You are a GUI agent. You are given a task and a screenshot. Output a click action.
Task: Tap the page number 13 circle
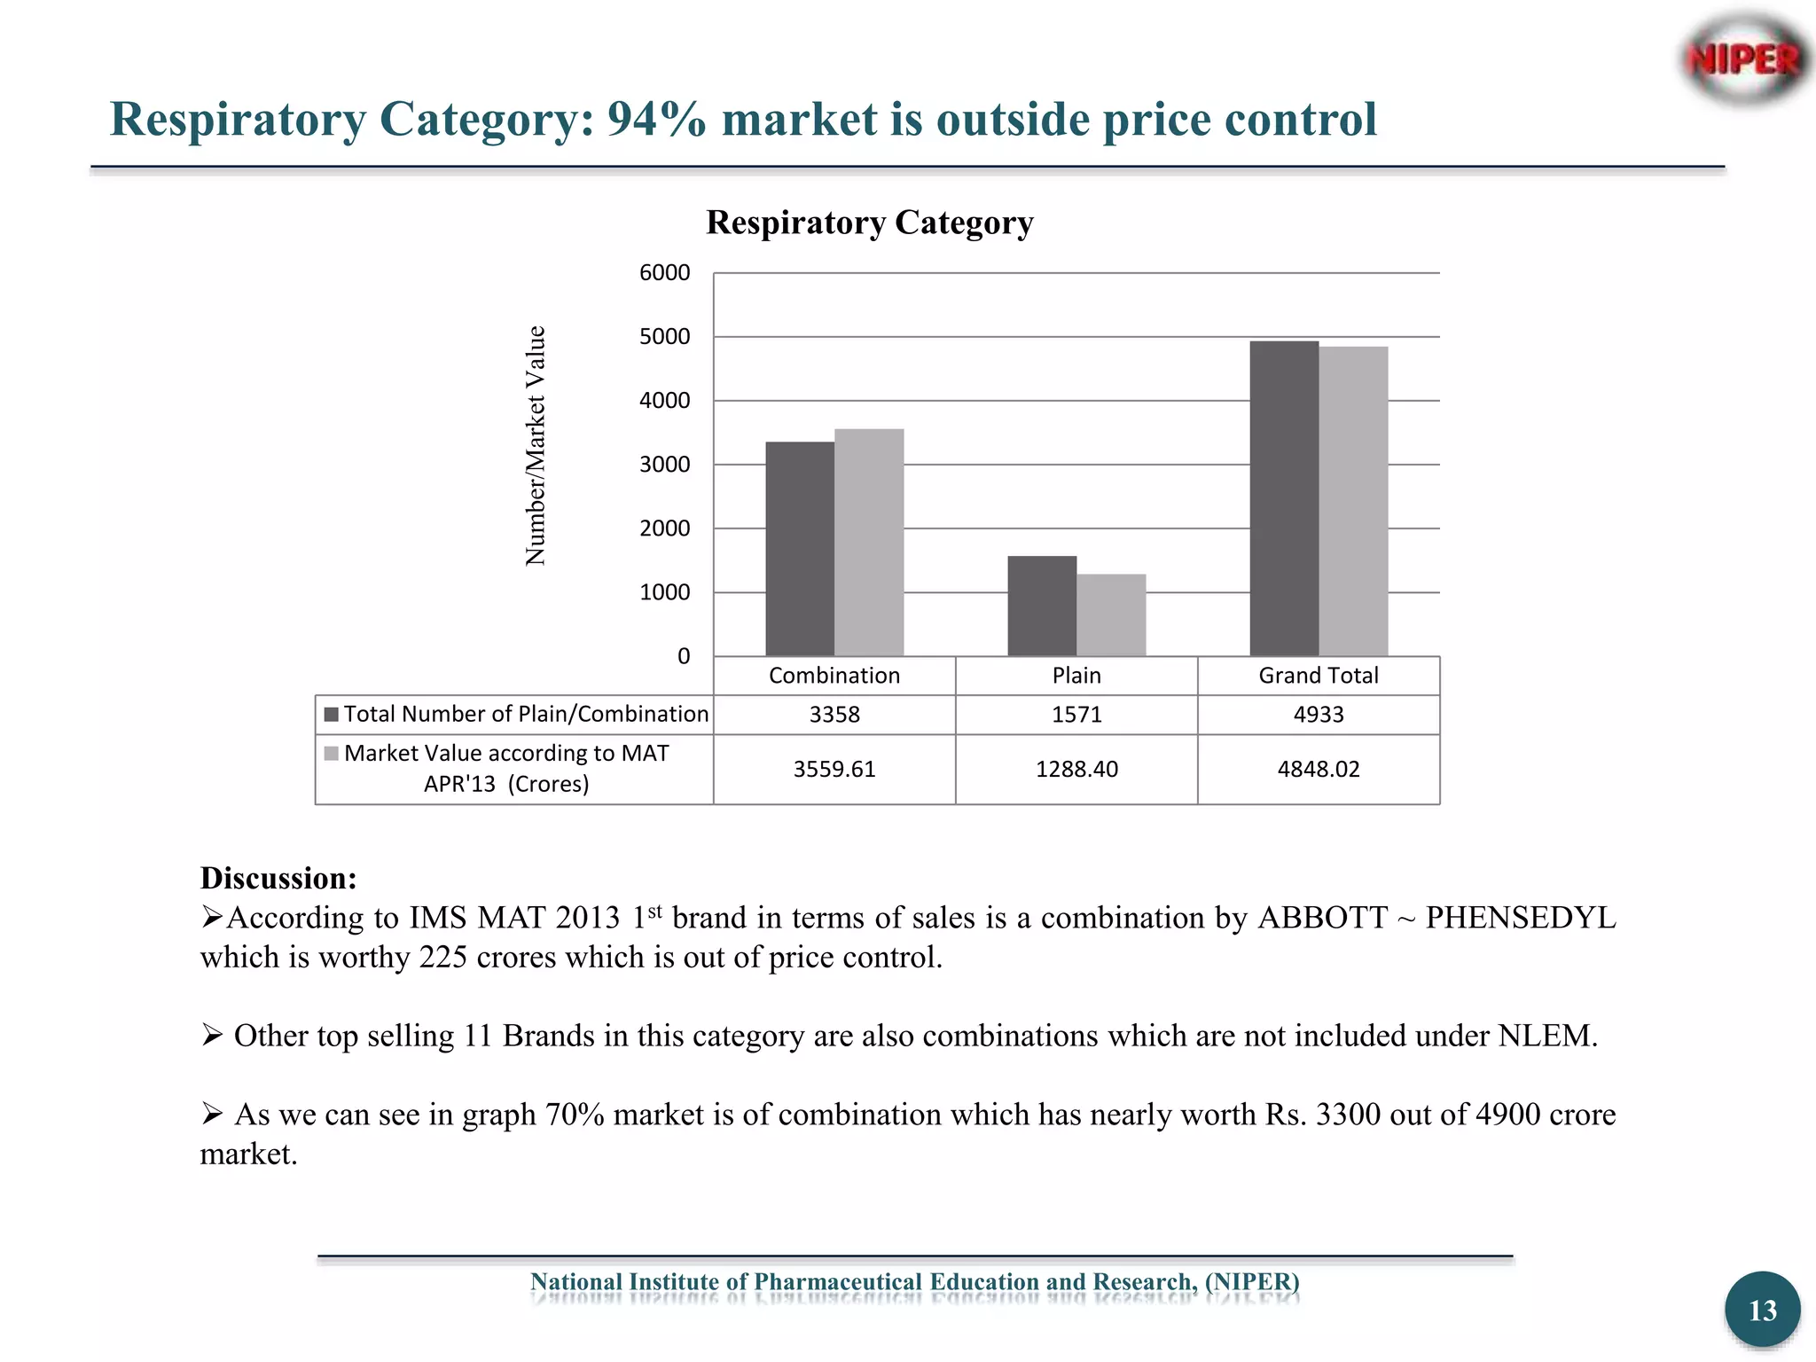click(1762, 1310)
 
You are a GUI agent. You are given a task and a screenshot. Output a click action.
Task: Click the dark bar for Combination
click(799, 549)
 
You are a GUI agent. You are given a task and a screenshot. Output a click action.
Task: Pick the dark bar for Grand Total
click(1283, 498)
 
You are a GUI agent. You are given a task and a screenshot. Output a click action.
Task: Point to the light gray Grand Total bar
click(1353, 501)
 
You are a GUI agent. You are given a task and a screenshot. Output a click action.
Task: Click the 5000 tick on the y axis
click(664, 337)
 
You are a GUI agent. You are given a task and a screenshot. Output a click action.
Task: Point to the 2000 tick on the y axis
click(664, 528)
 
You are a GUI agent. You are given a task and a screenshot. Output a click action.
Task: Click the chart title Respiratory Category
click(869, 223)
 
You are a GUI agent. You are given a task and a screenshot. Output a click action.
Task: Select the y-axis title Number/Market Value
click(536, 446)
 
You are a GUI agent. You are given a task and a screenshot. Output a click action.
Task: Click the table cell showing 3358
click(834, 715)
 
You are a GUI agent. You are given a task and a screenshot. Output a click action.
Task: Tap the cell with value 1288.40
click(1076, 769)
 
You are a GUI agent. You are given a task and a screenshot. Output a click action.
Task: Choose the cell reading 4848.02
click(1318, 769)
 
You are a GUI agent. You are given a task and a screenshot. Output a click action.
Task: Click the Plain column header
click(1076, 676)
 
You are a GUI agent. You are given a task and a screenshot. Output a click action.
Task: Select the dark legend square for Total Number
click(332, 715)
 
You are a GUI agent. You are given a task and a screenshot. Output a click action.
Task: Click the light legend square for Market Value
click(332, 754)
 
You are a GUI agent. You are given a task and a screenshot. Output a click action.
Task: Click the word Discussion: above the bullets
click(278, 878)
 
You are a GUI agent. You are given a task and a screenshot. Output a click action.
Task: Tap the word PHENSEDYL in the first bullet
click(1520, 918)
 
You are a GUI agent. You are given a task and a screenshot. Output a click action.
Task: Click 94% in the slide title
click(656, 120)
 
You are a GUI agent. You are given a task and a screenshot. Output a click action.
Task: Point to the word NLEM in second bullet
click(1545, 1036)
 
